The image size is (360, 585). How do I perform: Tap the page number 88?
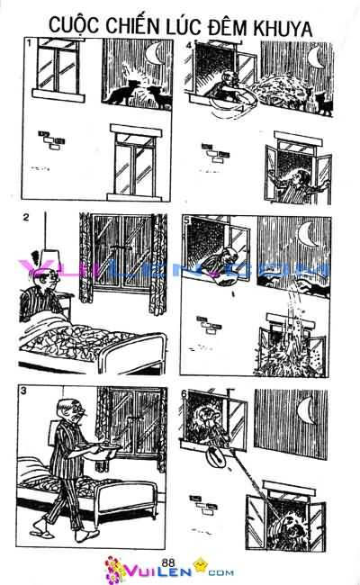tap(168, 562)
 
